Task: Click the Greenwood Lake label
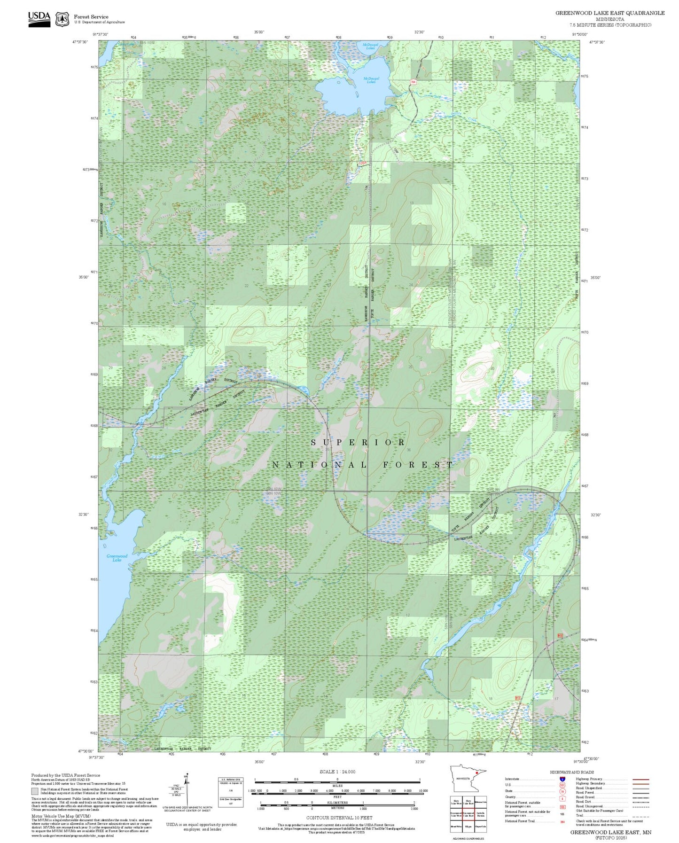point(117,558)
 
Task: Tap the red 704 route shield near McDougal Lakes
point(413,82)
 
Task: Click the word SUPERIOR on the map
point(359,443)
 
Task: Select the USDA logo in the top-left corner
point(39,19)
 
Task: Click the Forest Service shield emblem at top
point(62,19)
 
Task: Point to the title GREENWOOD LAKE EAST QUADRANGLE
point(609,13)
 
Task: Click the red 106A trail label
point(362,164)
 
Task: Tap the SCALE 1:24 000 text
point(337,772)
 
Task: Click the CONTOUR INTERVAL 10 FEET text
point(337,818)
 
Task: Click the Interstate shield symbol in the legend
point(562,779)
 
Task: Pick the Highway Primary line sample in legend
point(640,779)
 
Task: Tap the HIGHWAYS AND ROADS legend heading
point(571,772)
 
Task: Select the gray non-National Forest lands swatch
point(35,791)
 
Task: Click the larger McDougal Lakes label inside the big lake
point(371,80)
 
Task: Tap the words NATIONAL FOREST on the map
point(363,465)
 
